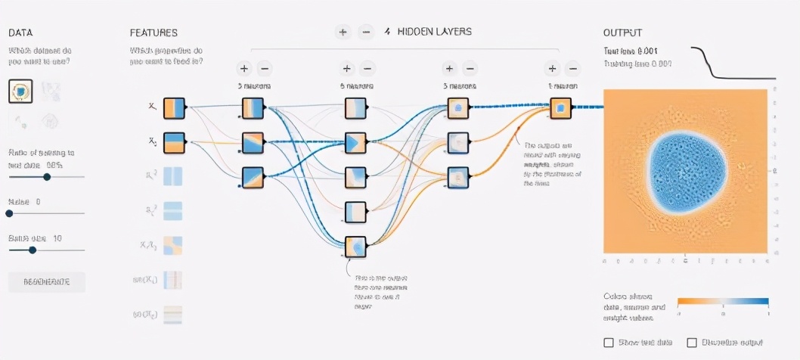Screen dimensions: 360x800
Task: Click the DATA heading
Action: [20, 33]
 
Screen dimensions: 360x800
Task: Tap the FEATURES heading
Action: [153, 33]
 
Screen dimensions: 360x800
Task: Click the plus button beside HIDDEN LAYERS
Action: [343, 32]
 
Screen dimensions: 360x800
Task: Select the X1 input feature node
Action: [174, 109]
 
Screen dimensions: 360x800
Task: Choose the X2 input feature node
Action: [174, 142]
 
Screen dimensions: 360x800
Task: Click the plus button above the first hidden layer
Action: [243, 68]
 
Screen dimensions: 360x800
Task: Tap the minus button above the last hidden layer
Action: [572, 68]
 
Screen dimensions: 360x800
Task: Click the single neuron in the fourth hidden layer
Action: [561, 108]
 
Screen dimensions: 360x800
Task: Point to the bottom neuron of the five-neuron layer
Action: [355, 247]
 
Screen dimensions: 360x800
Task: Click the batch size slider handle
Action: [33, 250]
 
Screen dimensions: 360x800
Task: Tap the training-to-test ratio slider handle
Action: [47, 176]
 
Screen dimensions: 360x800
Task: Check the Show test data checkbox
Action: [609, 343]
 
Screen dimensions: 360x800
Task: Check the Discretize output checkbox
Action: [692, 343]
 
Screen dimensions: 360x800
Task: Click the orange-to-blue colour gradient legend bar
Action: [723, 300]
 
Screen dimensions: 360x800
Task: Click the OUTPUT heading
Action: [622, 33]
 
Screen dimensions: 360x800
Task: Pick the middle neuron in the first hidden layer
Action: [253, 142]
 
